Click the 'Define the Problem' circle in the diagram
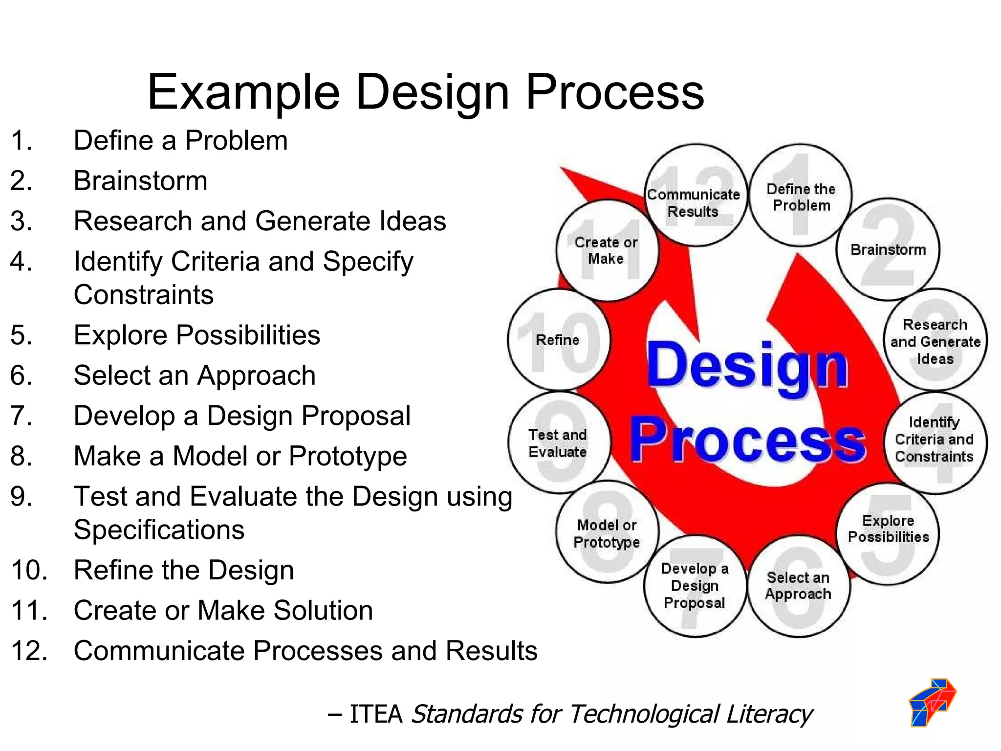(801, 196)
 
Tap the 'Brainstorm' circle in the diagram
(888, 249)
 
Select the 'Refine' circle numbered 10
(558, 340)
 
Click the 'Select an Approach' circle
(798, 586)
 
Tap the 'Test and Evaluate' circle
(558, 442)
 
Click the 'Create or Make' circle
(607, 250)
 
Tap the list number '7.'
(22, 416)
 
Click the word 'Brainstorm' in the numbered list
(140, 181)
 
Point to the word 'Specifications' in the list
(159, 530)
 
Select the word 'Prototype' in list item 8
(348, 456)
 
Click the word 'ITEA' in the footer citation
(375, 714)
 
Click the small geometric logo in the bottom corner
(932, 702)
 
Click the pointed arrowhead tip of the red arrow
(562, 169)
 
